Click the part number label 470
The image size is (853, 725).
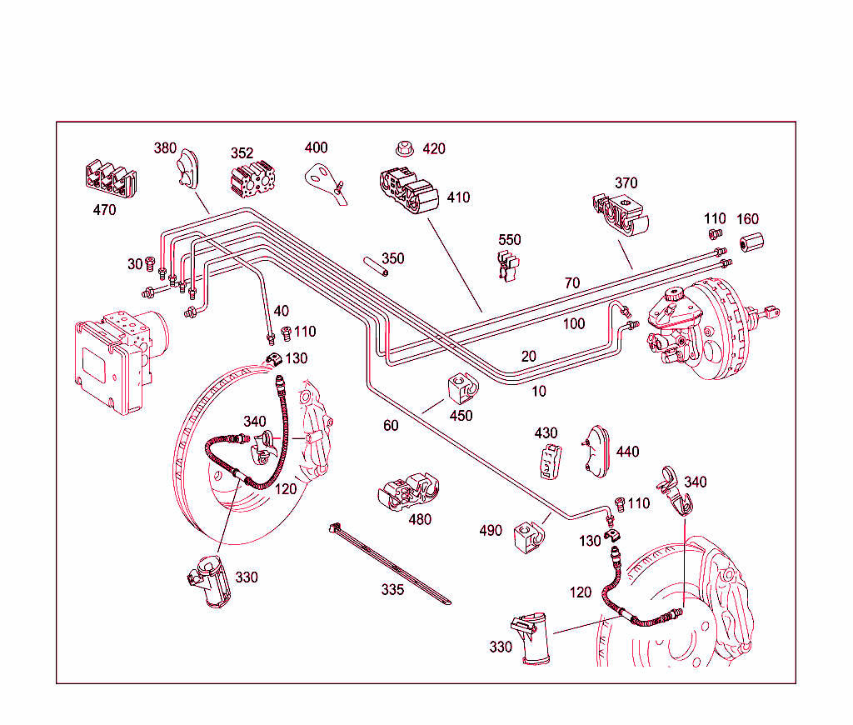104,211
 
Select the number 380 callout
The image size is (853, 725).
165,148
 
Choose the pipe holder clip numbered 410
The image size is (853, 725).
407,194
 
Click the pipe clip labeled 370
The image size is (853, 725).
621,213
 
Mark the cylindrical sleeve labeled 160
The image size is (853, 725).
751,243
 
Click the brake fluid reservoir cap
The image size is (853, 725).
673,295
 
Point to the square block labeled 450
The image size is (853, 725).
460,388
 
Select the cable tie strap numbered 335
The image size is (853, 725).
392,562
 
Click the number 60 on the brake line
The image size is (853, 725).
391,426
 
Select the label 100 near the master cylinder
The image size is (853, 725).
574,323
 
